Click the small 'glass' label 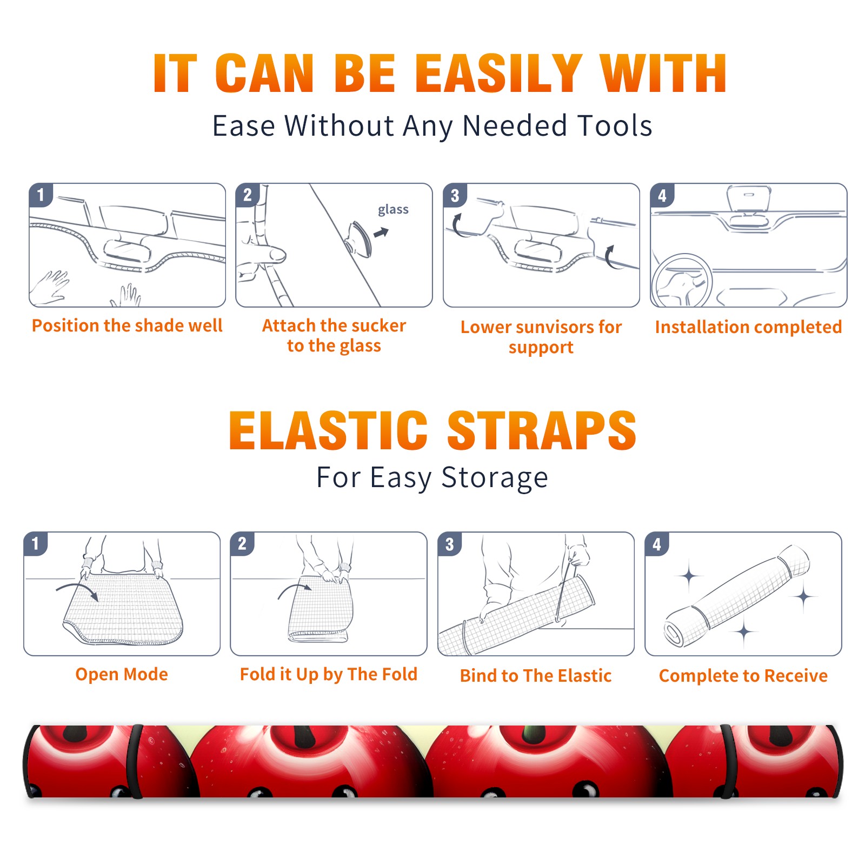tap(393, 210)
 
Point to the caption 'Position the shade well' tap(127, 325)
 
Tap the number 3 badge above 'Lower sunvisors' tap(455, 195)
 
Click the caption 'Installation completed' tap(748, 327)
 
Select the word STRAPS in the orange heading tap(542, 430)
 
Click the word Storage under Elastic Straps tap(495, 478)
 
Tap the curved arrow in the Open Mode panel tap(77, 590)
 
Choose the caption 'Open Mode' tap(122, 674)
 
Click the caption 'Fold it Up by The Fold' tap(329, 674)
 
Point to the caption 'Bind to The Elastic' tap(536, 676)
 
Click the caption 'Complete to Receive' tap(743, 676)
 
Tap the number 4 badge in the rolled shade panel tap(657, 544)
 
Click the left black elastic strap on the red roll tap(135, 761)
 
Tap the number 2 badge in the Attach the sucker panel tap(248, 195)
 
